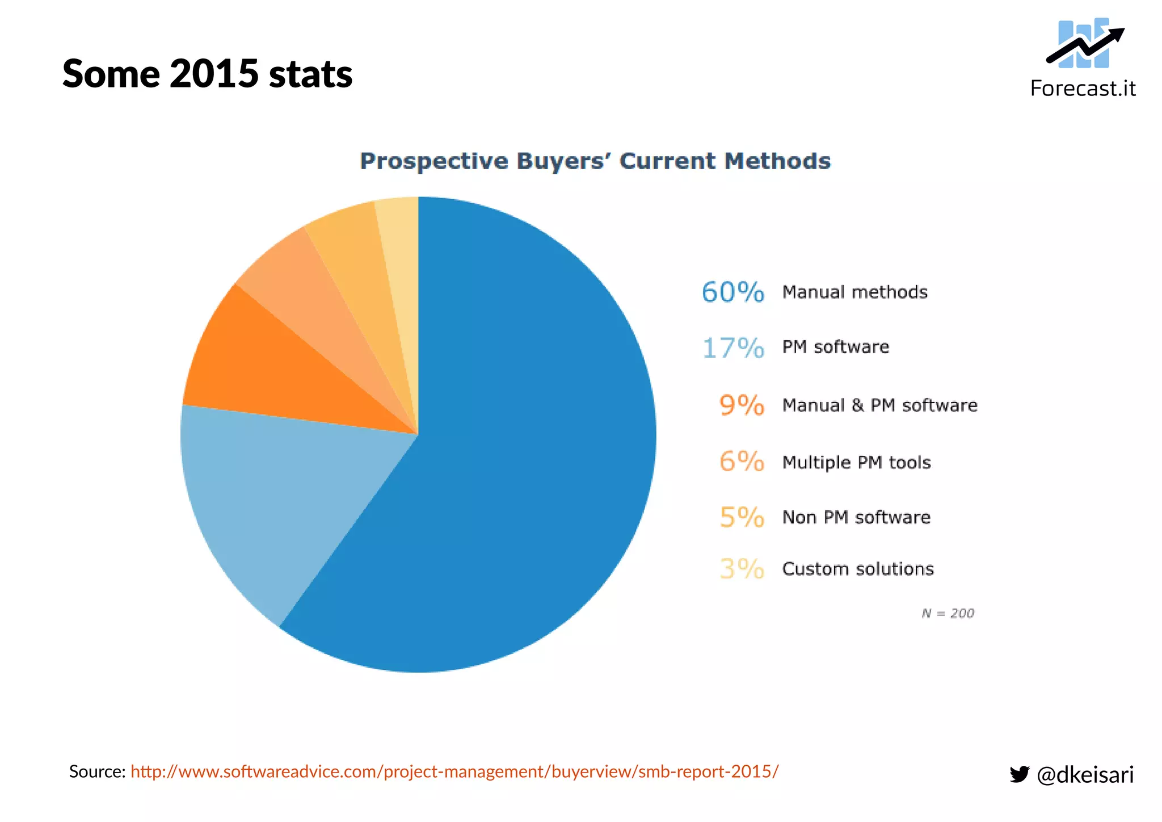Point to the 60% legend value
point(732,292)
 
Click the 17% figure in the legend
point(733,348)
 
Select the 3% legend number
point(742,568)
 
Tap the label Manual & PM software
point(879,405)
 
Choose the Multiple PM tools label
point(856,462)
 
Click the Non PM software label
point(856,517)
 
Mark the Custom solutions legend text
point(857,569)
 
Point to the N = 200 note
point(948,613)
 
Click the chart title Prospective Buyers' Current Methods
point(595,161)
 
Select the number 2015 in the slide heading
point(214,74)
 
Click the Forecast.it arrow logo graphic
point(1084,44)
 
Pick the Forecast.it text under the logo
point(1083,89)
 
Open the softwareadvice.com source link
point(454,771)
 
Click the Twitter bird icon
point(1019,774)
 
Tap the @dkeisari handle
point(1085,774)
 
